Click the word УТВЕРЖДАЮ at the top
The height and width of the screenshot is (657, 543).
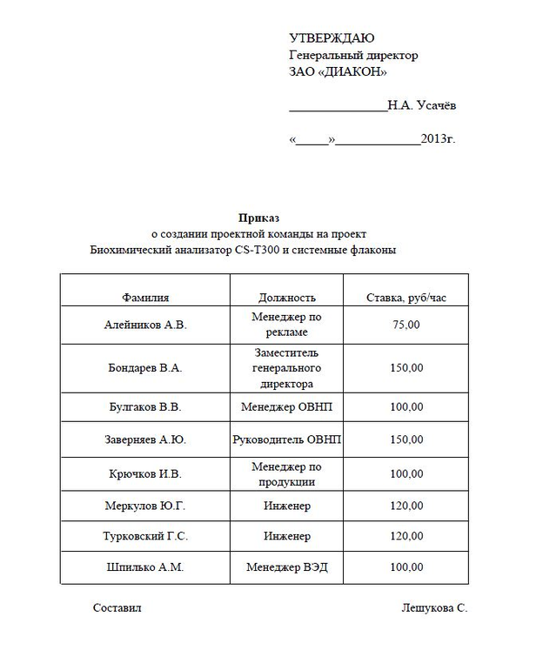pos(332,38)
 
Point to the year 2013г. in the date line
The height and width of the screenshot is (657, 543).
pos(438,139)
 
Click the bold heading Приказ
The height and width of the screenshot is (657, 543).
pos(258,218)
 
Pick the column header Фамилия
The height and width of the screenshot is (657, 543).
pos(145,298)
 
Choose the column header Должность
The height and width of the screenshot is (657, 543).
pos(287,298)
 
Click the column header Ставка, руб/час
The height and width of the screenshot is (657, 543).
pos(406,298)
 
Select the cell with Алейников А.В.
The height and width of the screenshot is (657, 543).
pos(145,325)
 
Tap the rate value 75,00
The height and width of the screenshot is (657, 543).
pos(406,325)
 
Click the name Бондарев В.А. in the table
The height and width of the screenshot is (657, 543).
pos(145,368)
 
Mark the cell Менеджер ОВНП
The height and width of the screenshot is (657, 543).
pos(287,406)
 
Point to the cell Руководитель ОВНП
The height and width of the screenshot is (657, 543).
pos(287,439)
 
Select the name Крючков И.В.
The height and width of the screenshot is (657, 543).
pos(145,474)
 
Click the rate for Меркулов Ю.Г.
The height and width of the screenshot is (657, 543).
pos(406,506)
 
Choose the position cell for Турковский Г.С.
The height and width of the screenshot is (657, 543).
pos(287,536)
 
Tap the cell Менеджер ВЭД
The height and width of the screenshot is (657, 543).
pos(287,567)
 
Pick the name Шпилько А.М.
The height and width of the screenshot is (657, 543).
pos(145,567)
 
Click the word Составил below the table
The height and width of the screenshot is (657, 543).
pos(117,608)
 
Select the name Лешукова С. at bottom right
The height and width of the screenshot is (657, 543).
pos(434,608)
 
